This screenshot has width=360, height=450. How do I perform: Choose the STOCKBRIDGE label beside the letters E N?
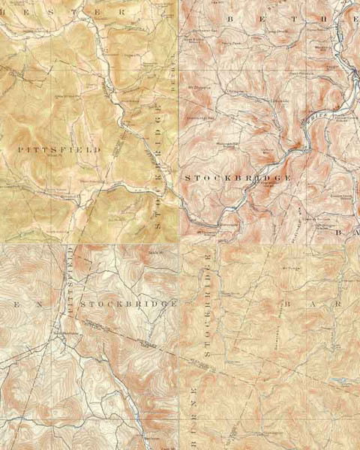point(127,304)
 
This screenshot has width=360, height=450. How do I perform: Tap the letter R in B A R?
point(337,304)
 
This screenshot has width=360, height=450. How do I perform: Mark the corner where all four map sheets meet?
point(179,242)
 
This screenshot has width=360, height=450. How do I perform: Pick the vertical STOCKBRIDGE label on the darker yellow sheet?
point(158,169)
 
